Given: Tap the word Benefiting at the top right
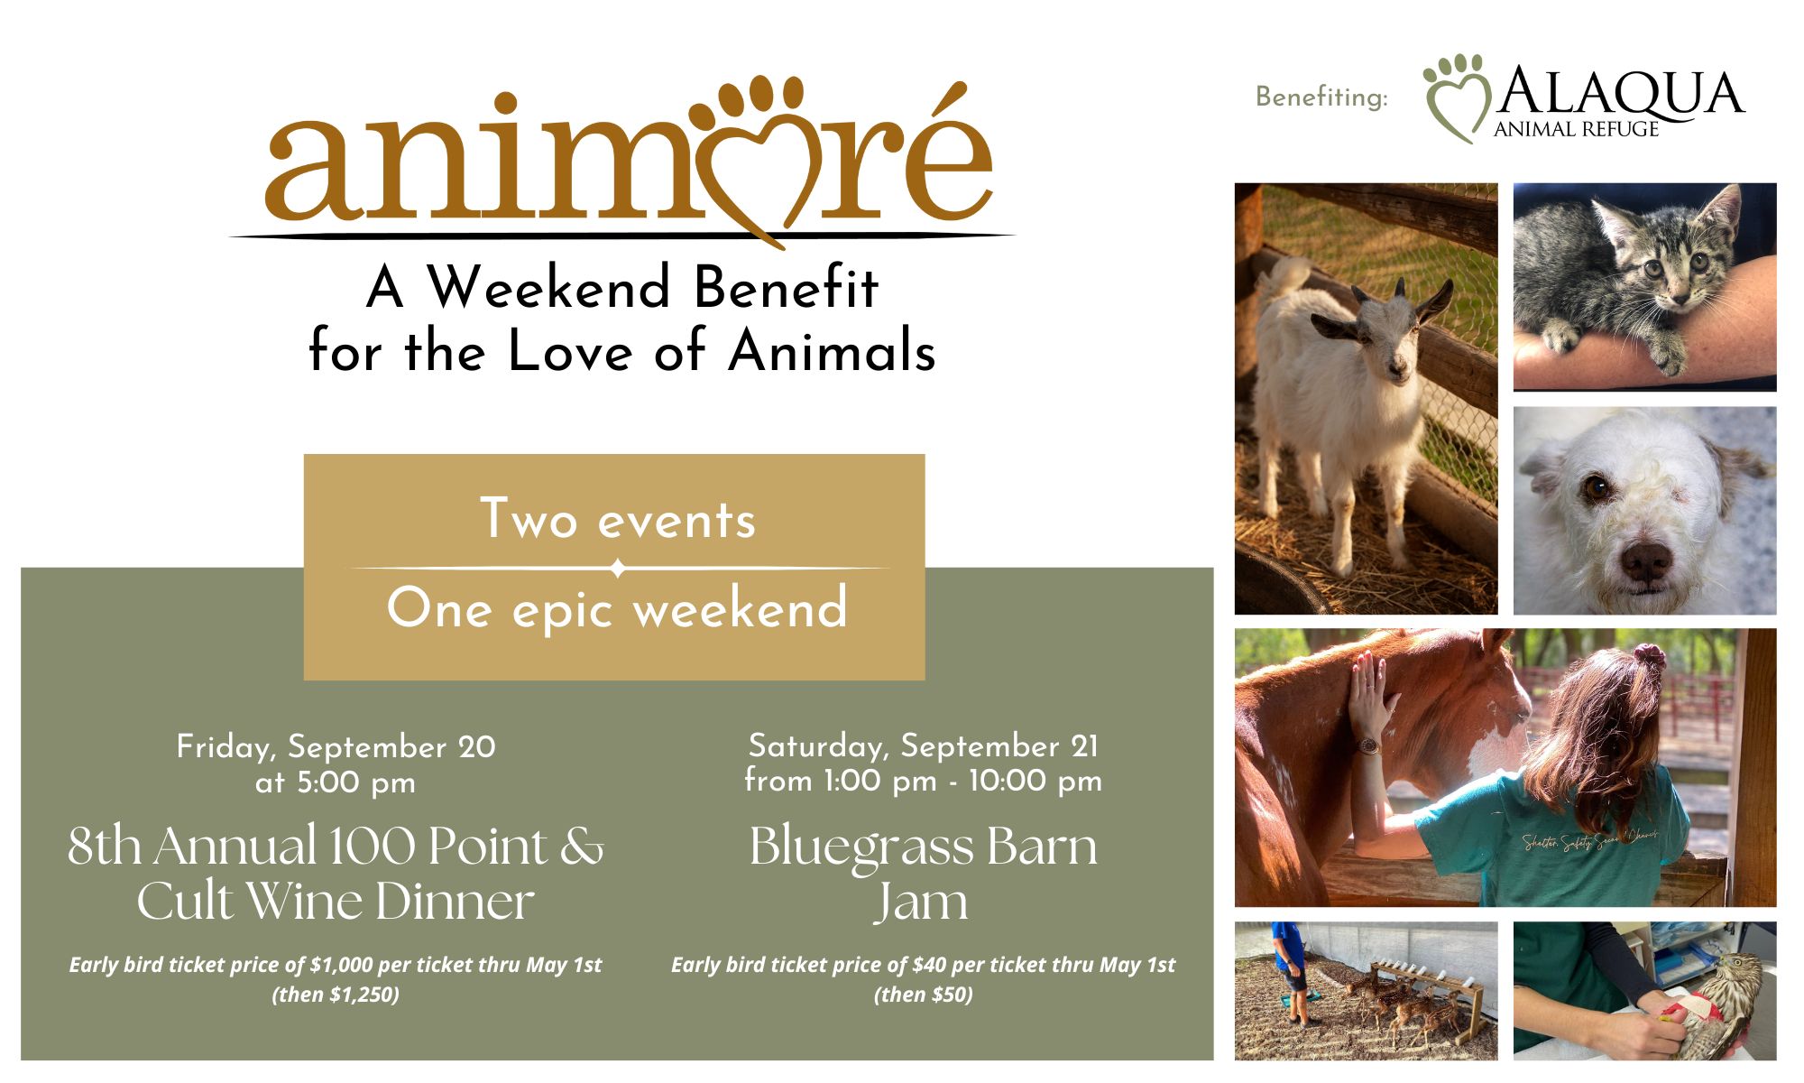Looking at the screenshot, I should [1321, 97].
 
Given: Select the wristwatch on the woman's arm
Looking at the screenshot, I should [1368, 746].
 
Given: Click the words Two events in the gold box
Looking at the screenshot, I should [618, 519].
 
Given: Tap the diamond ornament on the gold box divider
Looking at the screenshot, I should [618, 569].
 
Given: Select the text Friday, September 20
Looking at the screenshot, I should [336, 746].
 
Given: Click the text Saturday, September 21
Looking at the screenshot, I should [923, 745].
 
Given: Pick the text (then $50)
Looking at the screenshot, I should [923, 995].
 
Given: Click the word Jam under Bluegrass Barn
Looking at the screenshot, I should [921, 902].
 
